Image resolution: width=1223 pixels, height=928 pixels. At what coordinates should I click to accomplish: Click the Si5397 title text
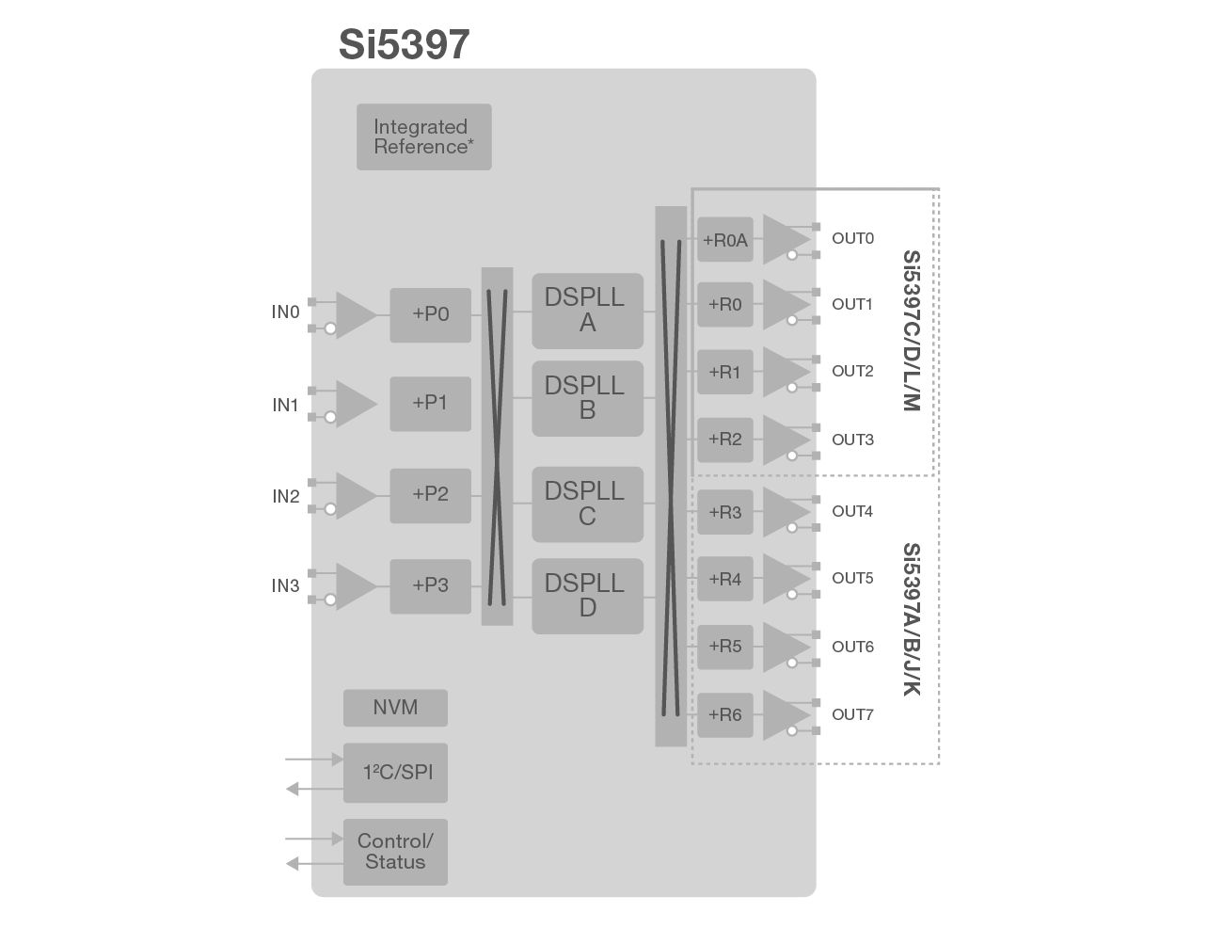click(x=404, y=44)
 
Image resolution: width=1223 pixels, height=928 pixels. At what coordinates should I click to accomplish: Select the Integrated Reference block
click(x=423, y=136)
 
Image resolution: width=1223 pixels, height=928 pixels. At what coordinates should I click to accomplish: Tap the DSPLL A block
click(x=587, y=311)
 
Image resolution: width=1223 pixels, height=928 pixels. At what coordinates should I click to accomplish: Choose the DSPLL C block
click(x=587, y=504)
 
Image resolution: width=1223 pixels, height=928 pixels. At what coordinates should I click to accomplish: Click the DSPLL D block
click(x=587, y=596)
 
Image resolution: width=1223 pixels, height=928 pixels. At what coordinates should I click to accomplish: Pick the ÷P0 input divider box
click(x=430, y=314)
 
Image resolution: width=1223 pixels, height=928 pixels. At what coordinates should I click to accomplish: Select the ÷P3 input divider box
click(x=430, y=585)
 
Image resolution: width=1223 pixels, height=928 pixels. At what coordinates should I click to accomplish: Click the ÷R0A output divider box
click(x=724, y=240)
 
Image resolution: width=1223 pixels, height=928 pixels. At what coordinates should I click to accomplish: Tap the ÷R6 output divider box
click(x=724, y=715)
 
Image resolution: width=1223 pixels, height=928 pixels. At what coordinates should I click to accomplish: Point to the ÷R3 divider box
click(x=724, y=513)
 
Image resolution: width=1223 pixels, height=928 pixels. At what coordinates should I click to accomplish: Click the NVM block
click(x=395, y=708)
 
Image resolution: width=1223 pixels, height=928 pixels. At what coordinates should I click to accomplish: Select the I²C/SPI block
click(x=395, y=773)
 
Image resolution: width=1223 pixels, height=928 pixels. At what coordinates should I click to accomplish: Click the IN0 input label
click(x=285, y=312)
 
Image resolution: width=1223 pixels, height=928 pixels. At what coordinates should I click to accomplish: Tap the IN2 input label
click(x=285, y=497)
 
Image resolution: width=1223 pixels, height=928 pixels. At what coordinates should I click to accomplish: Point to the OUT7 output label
click(x=852, y=715)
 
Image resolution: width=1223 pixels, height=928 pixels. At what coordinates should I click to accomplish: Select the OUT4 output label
click(x=852, y=512)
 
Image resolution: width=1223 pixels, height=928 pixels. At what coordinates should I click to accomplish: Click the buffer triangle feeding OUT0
click(x=783, y=240)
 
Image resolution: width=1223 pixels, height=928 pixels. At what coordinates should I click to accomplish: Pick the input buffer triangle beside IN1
click(x=354, y=404)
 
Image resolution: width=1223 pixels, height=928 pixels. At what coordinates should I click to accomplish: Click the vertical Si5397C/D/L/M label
click(x=910, y=330)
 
